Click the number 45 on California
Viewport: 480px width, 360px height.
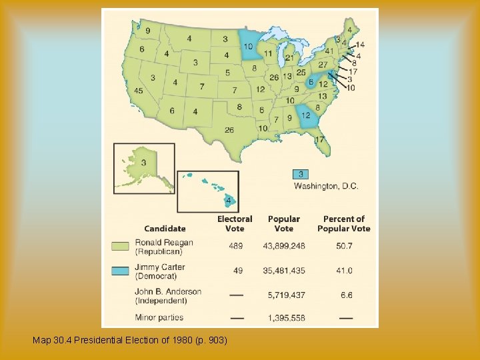[x=139, y=91]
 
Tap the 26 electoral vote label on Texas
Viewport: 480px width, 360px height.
[x=229, y=130]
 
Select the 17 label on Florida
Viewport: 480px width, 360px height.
[x=320, y=139]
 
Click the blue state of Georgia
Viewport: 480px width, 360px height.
[x=306, y=115]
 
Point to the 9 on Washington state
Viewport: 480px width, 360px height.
[x=147, y=31]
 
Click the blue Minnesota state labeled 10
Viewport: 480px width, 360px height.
[x=248, y=47]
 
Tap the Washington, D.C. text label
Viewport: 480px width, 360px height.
[x=326, y=186]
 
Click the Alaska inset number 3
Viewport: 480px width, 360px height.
[x=143, y=163]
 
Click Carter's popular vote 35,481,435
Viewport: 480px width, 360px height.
[x=284, y=271]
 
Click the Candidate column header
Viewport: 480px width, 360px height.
[x=165, y=229]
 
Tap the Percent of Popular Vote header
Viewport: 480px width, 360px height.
[x=344, y=223]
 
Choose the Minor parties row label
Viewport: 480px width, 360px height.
[x=159, y=318]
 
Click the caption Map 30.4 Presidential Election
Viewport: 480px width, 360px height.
[x=130, y=341]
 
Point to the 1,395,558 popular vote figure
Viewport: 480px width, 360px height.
[x=284, y=318]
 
